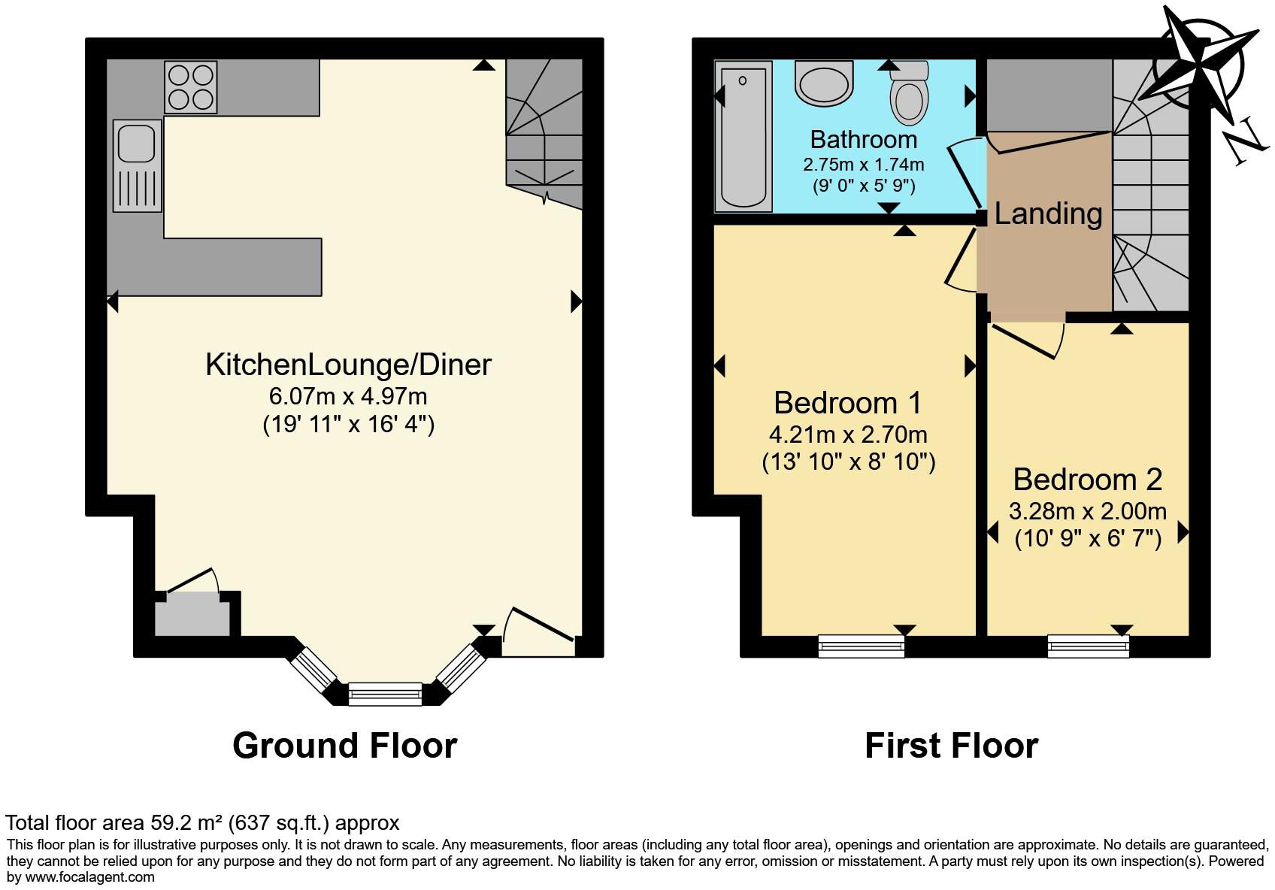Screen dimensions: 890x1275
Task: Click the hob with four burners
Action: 191,87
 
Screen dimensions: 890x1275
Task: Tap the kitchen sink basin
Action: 137,143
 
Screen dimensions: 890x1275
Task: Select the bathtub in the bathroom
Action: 743,135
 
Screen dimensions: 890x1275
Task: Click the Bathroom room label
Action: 863,140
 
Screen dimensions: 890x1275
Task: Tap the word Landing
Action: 1048,213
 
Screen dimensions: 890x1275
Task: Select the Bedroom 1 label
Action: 847,403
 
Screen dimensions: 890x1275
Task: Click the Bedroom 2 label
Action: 1087,479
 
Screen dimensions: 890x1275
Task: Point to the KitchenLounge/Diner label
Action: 348,365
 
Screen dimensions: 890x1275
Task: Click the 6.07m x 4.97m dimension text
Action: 348,395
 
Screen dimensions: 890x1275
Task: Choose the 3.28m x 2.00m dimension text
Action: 1087,512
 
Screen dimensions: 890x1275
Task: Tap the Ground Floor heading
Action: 344,746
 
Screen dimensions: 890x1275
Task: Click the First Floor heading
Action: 951,746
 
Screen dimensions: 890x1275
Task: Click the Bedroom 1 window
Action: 862,646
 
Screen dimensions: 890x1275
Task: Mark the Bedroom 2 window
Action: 1088,646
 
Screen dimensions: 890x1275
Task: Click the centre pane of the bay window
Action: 386,693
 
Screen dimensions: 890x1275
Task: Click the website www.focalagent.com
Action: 90,876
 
